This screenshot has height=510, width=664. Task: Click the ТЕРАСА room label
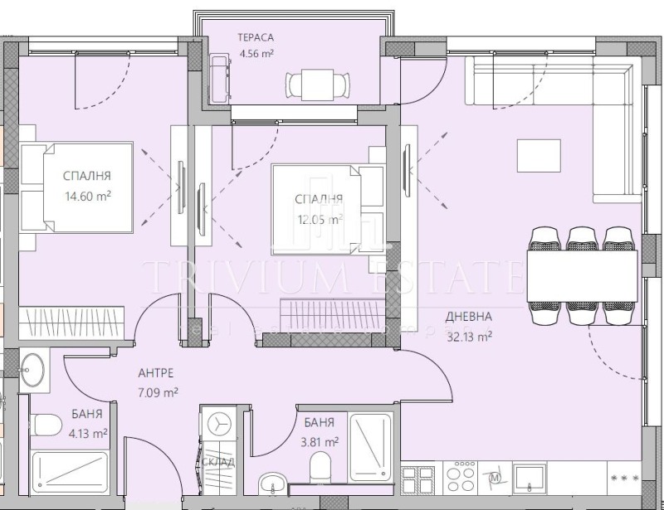[255, 37]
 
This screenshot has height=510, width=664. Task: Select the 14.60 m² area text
[87, 197]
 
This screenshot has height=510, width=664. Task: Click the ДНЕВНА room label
[468, 316]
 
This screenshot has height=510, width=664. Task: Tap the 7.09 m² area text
[158, 392]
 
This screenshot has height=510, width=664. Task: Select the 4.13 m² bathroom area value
[87, 433]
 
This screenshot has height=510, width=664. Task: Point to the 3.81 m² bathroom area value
[320, 442]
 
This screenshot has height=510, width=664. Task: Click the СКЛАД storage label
[219, 462]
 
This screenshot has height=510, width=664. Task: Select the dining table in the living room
[582, 271]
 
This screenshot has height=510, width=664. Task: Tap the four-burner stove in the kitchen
[461, 478]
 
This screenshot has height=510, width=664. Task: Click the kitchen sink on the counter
[528, 477]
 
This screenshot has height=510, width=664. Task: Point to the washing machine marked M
[496, 478]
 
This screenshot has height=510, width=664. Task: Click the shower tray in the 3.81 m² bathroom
[370, 446]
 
